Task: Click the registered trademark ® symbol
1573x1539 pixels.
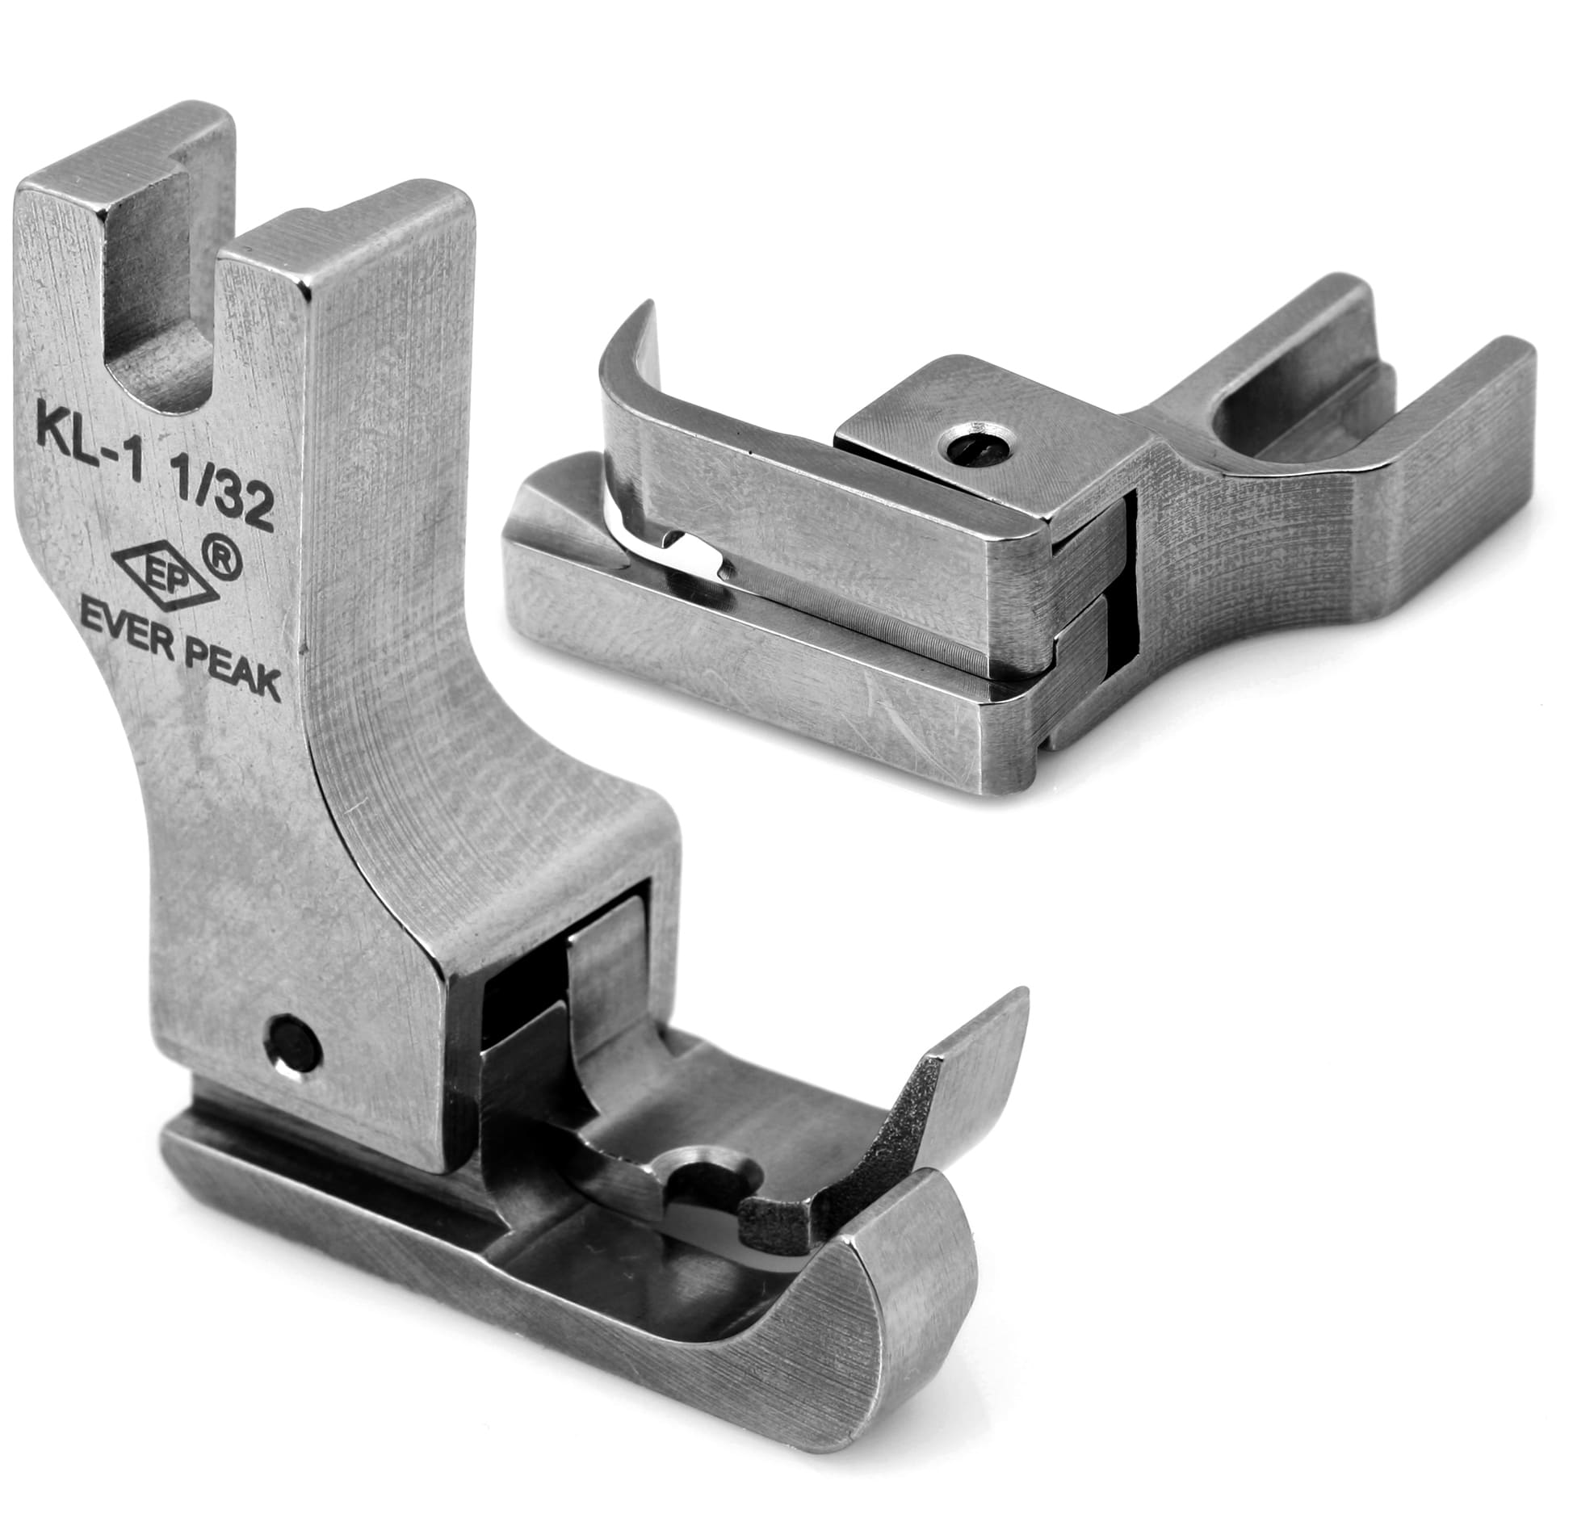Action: point(224,564)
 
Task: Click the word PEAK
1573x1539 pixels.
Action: point(234,668)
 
